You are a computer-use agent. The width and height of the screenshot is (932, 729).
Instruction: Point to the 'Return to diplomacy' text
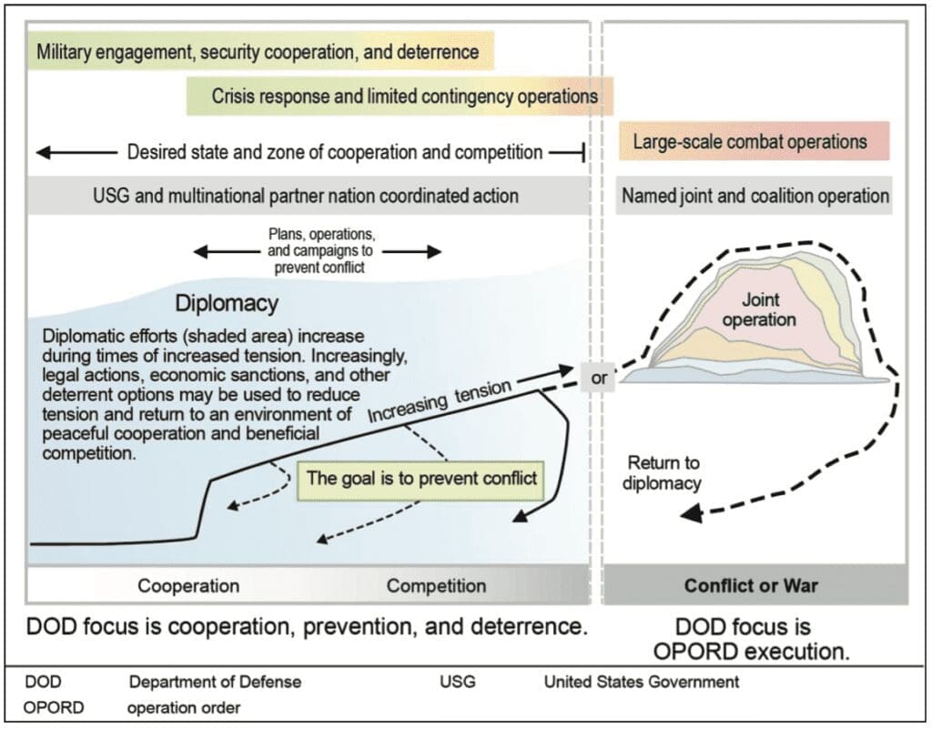(x=662, y=472)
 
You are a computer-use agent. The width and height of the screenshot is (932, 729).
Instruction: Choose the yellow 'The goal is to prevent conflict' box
(x=421, y=477)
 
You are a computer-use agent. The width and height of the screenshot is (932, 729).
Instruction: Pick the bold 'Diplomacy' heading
(x=227, y=302)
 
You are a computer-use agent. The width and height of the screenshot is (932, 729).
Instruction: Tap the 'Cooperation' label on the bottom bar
(x=188, y=586)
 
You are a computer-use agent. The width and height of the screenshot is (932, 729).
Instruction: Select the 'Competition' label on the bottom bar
(x=436, y=586)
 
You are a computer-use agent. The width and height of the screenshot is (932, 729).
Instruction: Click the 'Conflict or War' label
(x=751, y=586)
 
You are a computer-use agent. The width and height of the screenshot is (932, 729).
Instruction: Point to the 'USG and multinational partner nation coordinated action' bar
(x=306, y=196)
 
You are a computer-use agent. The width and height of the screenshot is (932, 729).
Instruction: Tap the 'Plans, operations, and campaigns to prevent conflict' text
(x=317, y=250)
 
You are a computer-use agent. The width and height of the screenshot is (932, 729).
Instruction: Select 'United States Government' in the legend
(x=642, y=682)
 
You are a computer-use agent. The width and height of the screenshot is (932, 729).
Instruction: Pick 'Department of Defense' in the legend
(x=215, y=682)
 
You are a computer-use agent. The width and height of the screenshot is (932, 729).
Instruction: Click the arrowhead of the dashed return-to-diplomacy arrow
(x=689, y=514)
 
